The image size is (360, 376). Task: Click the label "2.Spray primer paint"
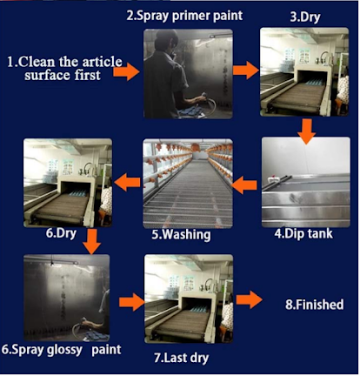(x=184, y=16)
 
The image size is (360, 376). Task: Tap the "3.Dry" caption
(x=305, y=17)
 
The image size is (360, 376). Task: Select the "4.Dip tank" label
(x=303, y=233)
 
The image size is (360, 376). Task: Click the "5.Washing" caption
(x=181, y=234)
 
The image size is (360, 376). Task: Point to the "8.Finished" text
(x=315, y=305)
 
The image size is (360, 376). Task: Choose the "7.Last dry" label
(x=181, y=358)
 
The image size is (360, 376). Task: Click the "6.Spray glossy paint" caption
(x=61, y=350)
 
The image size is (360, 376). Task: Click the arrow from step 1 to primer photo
(x=126, y=71)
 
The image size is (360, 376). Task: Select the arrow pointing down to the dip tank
(x=307, y=131)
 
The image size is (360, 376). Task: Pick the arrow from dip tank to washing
(x=244, y=185)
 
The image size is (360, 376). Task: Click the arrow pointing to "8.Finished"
(x=250, y=299)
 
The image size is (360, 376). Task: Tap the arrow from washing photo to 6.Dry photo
(x=127, y=182)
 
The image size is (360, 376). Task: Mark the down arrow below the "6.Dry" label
(x=91, y=241)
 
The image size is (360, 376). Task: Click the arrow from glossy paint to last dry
(x=132, y=302)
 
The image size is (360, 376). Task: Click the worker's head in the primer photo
(x=166, y=41)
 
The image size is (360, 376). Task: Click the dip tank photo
(x=306, y=182)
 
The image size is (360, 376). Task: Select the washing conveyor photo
(x=188, y=184)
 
